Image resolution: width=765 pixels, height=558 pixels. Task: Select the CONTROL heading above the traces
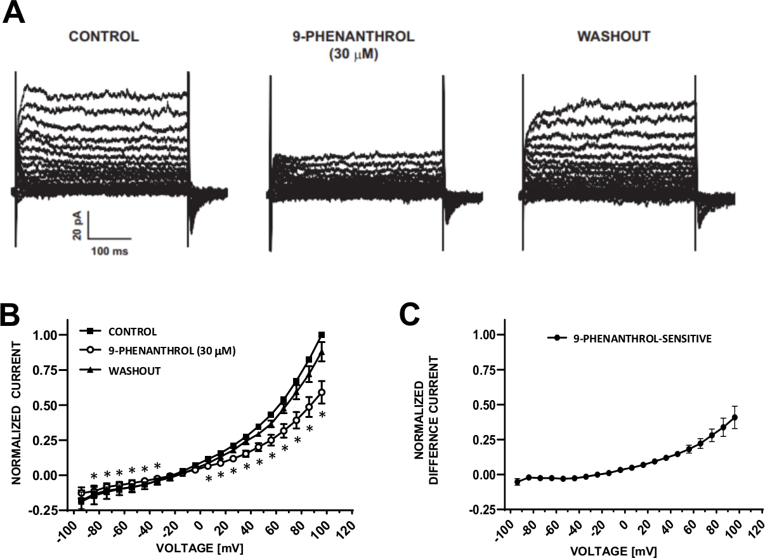[103, 37]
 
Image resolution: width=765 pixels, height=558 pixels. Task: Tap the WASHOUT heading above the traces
[613, 37]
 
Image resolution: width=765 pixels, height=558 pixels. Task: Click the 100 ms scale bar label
[108, 251]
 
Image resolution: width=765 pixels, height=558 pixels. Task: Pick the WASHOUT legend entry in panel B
[133, 370]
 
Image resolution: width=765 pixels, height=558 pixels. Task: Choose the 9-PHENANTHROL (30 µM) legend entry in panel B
[168, 351]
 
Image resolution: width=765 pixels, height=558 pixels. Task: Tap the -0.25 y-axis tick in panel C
[481, 510]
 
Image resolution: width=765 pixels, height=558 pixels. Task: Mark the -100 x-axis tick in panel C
[501, 528]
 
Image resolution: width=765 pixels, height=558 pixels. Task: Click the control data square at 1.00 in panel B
[322, 335]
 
